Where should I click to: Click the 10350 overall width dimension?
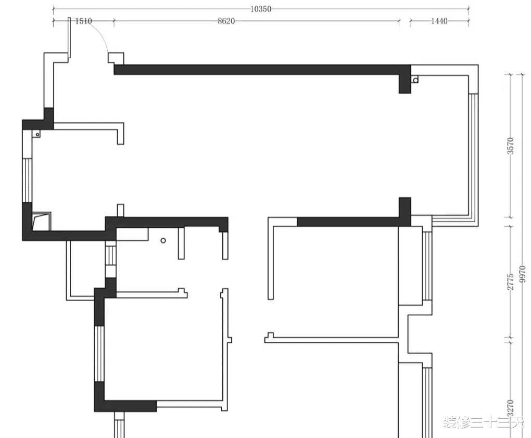point(261,9)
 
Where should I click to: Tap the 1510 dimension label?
point(83,21)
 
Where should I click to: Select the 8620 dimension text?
point(226,21)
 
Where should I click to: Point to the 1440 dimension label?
point(439,21)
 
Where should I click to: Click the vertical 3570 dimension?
point(511,146)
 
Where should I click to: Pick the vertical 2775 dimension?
point(511,281)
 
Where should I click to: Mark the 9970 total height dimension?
point(523,274)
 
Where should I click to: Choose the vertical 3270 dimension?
point(511,408)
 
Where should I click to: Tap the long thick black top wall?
point(262,70)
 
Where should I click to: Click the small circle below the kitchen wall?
point(163,240)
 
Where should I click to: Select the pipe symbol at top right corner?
point(415,80)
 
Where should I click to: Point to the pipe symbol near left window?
point(37,134)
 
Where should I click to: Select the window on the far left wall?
point(27,181)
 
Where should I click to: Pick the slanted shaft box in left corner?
point(42,222)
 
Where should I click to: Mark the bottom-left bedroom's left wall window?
point(99,353)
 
